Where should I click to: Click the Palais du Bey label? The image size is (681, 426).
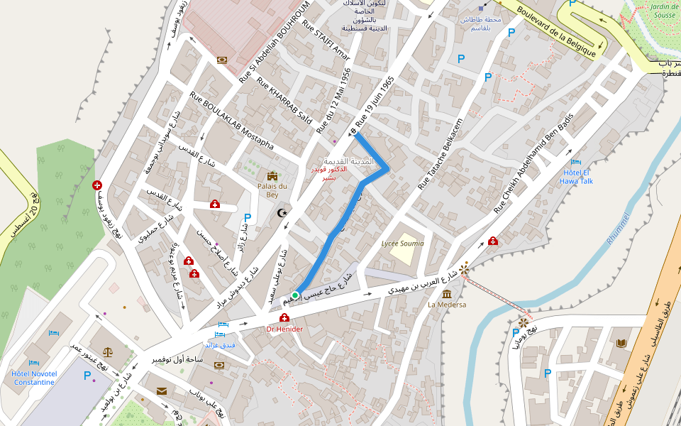pyautogui.click(x=272, y=190)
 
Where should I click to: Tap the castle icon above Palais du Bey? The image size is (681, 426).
pyautogui.click(x=272, y=176)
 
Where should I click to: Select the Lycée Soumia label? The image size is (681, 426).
pyautogui.click(x=402, y=243)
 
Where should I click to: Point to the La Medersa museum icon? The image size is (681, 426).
pyautogui.click(x=447, y=294)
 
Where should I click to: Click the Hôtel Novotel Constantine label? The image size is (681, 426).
pyautogui.click(x=33, y=378)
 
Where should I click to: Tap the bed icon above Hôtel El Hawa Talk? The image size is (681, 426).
pyautogui.click(x=576, y=162)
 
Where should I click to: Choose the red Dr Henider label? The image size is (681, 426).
pyautogui.click(x=284, y=329)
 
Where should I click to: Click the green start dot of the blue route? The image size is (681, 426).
pyautogui.click(x=294, y=295)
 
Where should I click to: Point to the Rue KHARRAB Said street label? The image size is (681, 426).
pyautogui.click(x=284, y=100)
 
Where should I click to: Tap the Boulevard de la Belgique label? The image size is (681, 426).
pyautogui.click(x=565, y=31)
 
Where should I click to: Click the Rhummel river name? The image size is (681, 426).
pyautogui.click(x=619, y=229)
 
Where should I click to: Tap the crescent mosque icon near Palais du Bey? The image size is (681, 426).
pyautogui.click(x=282, y=212)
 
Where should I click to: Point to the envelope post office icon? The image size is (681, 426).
pyautogui.click(x=162, y=390)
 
